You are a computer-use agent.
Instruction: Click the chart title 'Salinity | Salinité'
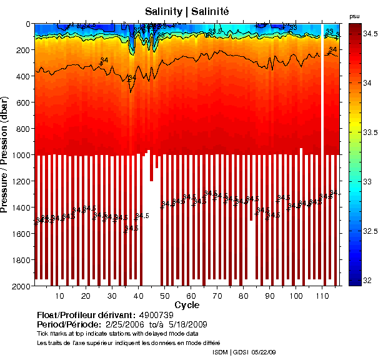click(186, 11)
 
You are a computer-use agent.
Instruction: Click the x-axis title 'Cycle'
click(187, 305)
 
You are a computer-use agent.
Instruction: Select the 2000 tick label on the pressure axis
click(19, 286)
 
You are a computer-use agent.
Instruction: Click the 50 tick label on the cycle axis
click(165, 296)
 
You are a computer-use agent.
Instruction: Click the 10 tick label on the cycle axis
click(60, 296)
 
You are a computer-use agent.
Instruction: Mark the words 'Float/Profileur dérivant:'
click(86, 315)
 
